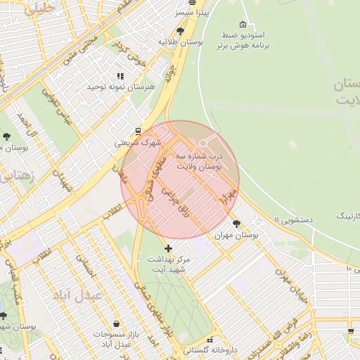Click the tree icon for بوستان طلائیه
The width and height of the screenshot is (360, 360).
[181, 31]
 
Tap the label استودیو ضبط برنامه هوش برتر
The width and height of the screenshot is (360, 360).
[243, 41]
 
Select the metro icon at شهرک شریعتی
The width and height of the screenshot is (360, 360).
[138, 130]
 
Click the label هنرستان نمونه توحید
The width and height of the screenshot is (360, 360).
[115, 86]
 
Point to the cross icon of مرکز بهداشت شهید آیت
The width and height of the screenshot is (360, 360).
[168, 248]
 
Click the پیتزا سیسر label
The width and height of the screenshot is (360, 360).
[193, 13]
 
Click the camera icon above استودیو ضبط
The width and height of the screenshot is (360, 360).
[243, 25]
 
